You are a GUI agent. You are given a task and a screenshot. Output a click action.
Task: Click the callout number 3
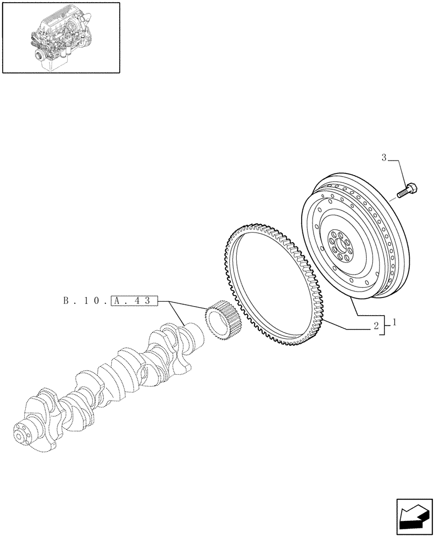coord(384,158)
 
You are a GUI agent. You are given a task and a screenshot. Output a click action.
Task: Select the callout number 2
coord(376,325)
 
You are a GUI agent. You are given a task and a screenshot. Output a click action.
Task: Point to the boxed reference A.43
coord(134,301)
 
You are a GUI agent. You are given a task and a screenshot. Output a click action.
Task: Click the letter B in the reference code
coord(66,301)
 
